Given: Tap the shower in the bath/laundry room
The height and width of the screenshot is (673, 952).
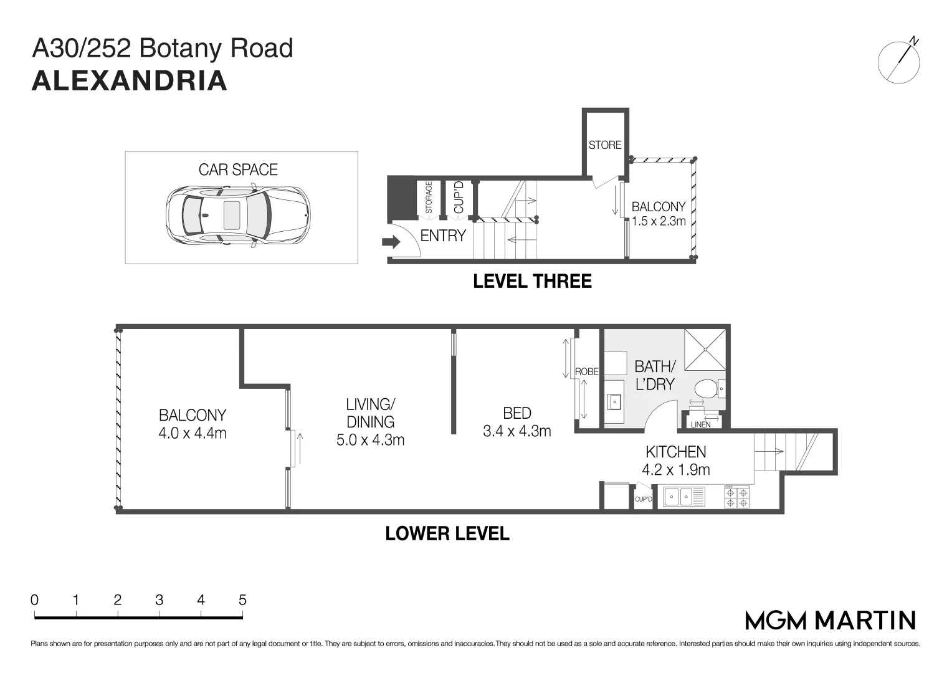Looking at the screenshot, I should pyautogui.click(x=705, y=350).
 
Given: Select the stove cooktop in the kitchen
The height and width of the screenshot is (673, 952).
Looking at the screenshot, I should pyautogui.click(x=737, y=497).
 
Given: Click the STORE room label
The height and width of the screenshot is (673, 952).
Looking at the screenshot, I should pyautogui.click(x=605, y=145).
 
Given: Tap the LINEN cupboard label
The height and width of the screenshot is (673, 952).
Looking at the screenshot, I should pyautogui.click(x=701, y=424).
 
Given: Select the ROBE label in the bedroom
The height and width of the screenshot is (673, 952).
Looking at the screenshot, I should pyautogui.click(x=586, y=371).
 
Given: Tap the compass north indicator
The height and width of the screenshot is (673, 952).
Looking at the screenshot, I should pyautogui.click(x=899, y=61).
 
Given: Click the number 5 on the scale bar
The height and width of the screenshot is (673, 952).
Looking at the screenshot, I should pyautogui.click(x=242, y=600).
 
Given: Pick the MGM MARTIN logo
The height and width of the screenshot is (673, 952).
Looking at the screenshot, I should pyautogui.click(x=831, y=620).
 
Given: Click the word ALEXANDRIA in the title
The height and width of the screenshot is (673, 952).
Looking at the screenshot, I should pyautogui.click(x=130, y=82).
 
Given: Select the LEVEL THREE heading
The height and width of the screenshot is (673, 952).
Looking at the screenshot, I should pyautogui.click(x=532, y=281).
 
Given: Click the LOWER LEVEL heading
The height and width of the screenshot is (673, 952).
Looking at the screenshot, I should pyautogui.click(x=447, y=534).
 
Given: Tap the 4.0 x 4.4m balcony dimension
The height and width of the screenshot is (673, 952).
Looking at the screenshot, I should pyautogui.click(x=193, y=432).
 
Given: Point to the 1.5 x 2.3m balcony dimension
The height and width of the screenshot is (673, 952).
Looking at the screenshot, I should pyautogui.click(x=659, y=221).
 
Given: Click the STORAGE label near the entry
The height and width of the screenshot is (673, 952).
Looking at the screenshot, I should pyautogui.click(x=429, y=198).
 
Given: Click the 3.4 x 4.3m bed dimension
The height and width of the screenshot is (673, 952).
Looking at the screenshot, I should pyautogui.click(x=517, y=431).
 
